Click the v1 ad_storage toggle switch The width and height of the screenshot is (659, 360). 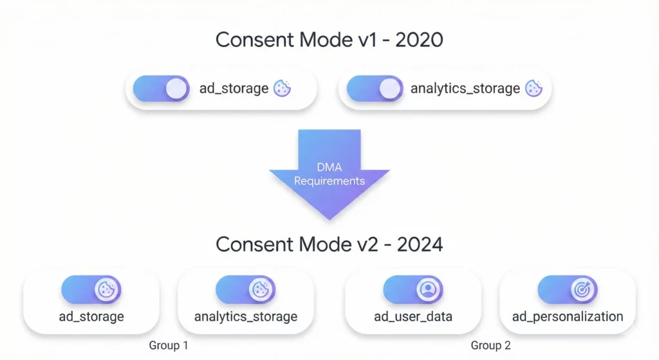coord(161,89)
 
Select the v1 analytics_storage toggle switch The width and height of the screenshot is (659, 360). coord(375,89)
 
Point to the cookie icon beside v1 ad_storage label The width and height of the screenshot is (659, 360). coord(282,89)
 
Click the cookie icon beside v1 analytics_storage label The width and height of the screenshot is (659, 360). coord(534,89)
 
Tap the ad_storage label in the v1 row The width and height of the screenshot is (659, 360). coord(234,89)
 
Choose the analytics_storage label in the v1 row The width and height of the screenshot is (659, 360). coord(465,89)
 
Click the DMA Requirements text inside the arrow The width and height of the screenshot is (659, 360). coord(329,175)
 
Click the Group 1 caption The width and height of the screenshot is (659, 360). coord(169,345)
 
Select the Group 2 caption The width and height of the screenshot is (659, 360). coord(490,345)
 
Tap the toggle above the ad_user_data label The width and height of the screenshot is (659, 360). coord(413,290)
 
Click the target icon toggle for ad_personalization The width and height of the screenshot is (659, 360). coord(567,290)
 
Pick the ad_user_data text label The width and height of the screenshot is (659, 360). coord(413,317)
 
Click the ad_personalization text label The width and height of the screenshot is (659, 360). coord(567,317)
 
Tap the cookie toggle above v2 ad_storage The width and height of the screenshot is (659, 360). coord(91,290)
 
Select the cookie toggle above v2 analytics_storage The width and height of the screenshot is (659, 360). coord(245,290)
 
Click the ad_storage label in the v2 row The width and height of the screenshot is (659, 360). coord(91,317)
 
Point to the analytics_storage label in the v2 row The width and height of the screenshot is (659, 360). coord(245,317)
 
